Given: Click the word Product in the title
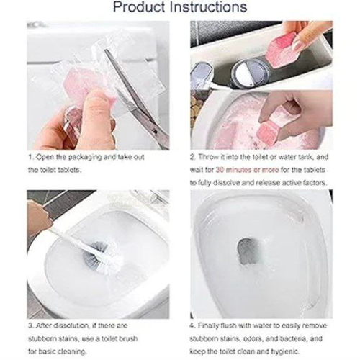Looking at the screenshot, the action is (x=139, y=6).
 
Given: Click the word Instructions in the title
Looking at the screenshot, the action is (x=208, y=6).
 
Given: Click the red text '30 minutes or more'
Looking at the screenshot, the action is (x=247, y=170).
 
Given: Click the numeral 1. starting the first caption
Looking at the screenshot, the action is (x=30, y=157).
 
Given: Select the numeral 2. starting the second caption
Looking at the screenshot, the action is (x=193, y=157).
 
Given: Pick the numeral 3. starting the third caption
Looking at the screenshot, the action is (x=31, y=326).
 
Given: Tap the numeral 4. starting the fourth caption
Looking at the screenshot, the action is (x=193, y=326).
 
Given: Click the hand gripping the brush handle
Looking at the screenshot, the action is (x=38, y=217).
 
